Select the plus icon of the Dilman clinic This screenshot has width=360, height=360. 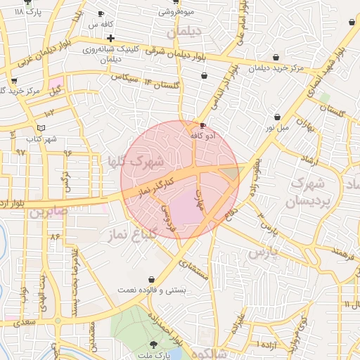[x=110, y=37]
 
